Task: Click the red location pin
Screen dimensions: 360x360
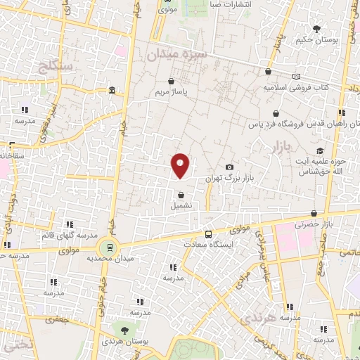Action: point(181,165)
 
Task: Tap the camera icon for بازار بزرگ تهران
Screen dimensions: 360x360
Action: point(229,167)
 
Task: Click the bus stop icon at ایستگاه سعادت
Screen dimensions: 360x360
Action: point(207,233)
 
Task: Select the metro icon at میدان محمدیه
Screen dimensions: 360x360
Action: point(108,247)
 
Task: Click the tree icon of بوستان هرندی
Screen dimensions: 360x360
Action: point(124,330)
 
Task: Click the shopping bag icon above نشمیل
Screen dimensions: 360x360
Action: point(181,195)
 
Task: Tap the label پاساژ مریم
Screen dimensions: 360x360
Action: point(171,91)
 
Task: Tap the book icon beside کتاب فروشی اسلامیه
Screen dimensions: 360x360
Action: point(295,76)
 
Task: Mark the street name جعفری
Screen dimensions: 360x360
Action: point(54,320)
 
